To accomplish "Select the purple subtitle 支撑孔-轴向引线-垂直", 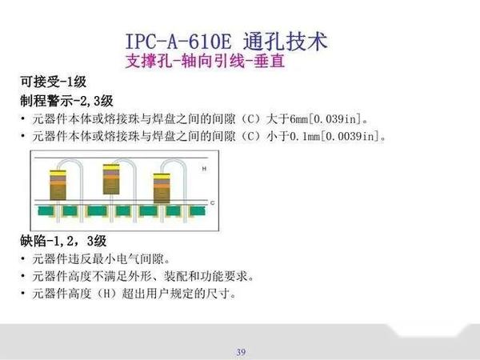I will [206, 61].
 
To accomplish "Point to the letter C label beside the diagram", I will [211, 203].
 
